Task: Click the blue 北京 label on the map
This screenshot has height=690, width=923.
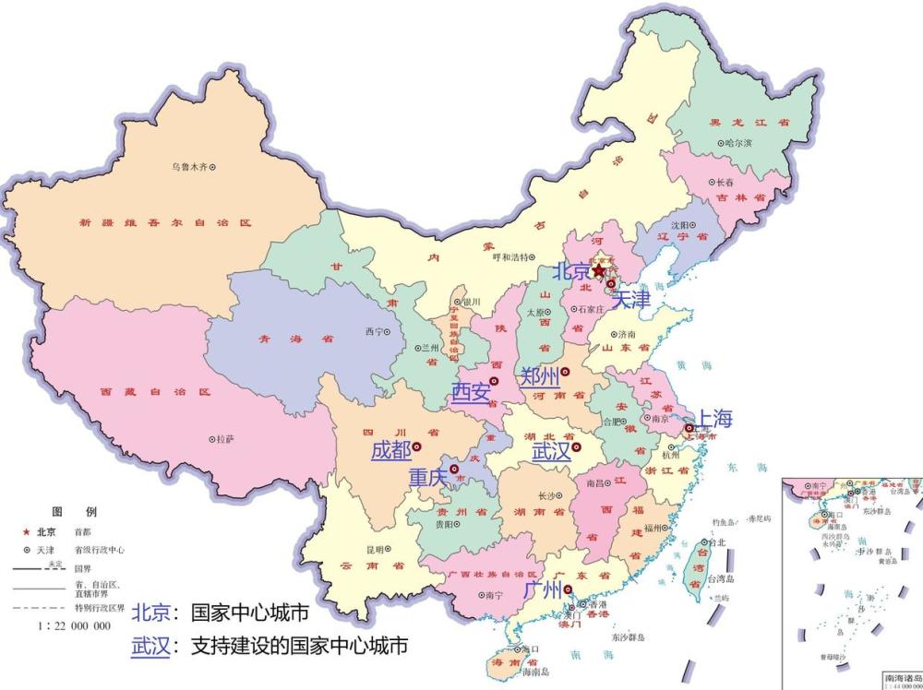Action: pos(570,272)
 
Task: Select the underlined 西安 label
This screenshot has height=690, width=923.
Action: pos(470,392)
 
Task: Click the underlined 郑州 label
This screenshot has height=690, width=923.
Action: pos(539,375)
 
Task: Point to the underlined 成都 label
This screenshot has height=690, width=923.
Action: pos(390,450)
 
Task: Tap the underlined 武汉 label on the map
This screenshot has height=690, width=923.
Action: pos(551,451)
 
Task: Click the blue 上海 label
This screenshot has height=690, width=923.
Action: pos(713,419)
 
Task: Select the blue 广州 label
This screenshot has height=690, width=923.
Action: pos(542,589)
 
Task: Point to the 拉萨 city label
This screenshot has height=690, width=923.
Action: pos(224,440)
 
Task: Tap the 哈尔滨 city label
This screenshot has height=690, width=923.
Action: pos(738,143)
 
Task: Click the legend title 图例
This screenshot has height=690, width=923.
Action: pos(73,511)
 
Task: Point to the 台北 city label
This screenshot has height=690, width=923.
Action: pos(716,542)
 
